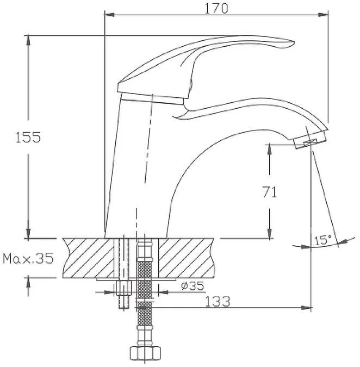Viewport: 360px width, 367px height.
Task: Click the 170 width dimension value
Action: tap(216, 9)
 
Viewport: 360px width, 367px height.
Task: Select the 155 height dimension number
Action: tap(28, 138)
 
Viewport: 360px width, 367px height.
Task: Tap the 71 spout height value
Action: tap(270, 192)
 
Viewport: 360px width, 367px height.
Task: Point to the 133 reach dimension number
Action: tap(218, 301)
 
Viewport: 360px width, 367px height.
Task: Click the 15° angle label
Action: tap(323, 240)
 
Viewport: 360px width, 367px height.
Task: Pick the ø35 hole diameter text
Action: tap(193, 285)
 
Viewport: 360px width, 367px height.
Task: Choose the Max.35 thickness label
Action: tap(28, 258)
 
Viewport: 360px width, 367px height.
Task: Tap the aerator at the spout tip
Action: tap(310, 139)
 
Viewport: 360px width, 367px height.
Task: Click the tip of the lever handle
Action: tap(294, 42)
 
